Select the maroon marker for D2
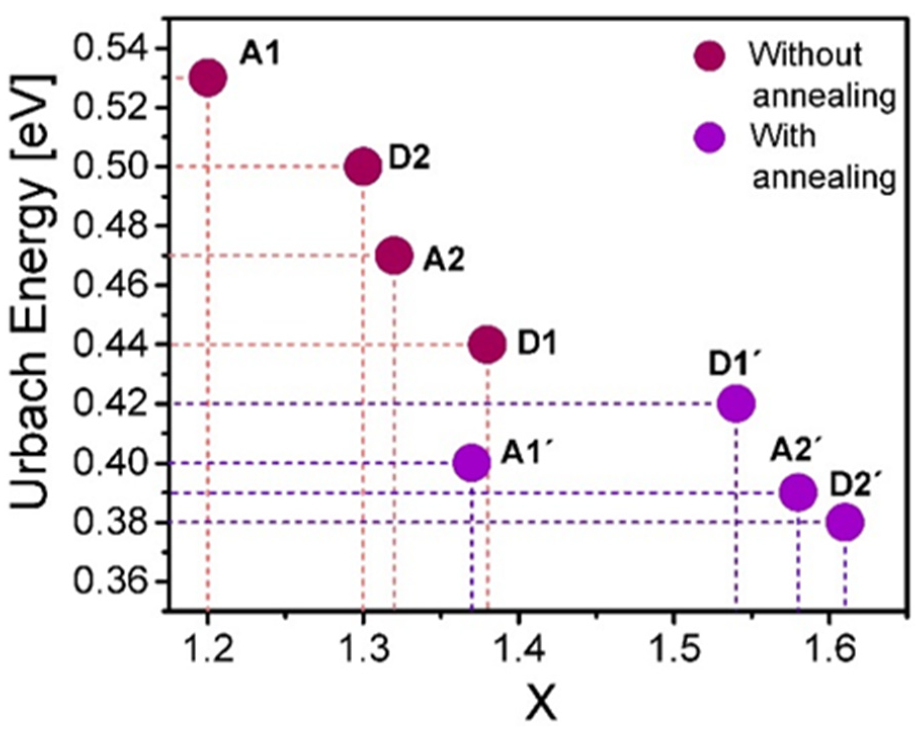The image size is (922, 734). point(363,166)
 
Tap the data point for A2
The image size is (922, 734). point(395,255)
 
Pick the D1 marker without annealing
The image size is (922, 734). point(487,344)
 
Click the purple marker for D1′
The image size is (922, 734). point(736,403)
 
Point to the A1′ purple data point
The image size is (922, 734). point(472,462)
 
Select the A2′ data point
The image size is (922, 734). point(798,492)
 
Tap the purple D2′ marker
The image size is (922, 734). point(845,522)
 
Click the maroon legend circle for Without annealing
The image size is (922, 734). point(709,56)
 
